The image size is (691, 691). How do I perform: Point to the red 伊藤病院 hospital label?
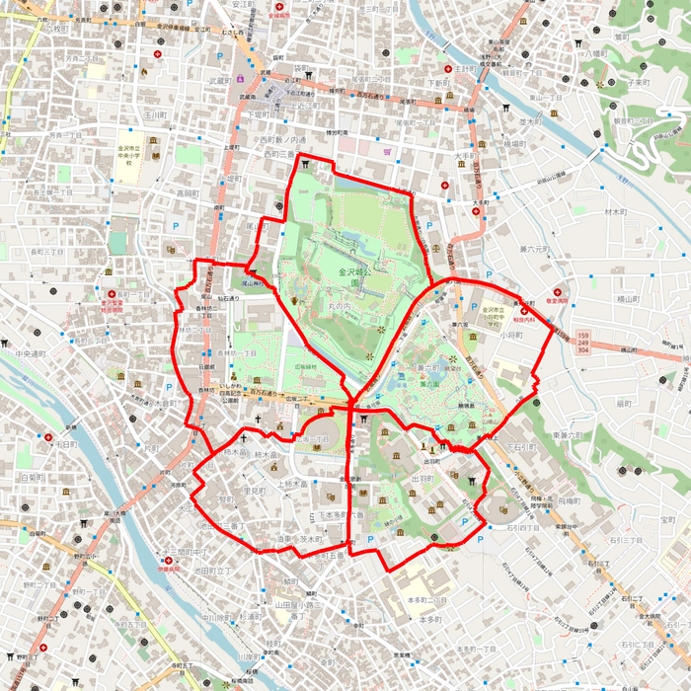coord(170,570)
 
